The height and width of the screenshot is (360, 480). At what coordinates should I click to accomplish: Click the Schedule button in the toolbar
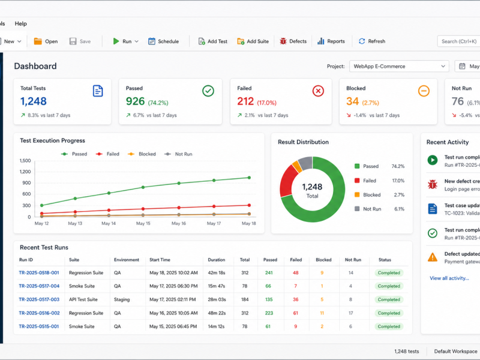coord(163,41)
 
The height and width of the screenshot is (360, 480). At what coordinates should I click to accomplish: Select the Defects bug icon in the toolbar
coord(283,41)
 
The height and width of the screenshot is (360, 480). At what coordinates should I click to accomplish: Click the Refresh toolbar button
coord(372,41)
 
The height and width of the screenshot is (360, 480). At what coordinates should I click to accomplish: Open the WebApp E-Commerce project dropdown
coord(399,66)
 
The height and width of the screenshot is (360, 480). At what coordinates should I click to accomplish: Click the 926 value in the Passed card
coord(135,101)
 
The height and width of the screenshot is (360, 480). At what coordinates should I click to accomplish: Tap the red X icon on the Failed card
coord(318,91)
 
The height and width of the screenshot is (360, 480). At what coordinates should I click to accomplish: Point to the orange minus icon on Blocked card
coord(424,91)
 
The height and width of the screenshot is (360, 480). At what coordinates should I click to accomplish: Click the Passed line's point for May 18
coord(249,178)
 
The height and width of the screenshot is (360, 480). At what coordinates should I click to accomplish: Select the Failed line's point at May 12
coord(41,214)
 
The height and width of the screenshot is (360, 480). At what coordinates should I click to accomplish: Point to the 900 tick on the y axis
coord(26,183)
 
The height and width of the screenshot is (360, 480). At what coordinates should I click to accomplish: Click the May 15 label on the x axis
coord(143,223)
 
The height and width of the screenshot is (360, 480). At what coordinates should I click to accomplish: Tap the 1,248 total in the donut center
coord(312,187)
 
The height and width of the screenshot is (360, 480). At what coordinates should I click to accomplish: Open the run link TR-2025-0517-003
coord(39,299)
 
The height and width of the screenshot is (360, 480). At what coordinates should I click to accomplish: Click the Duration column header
coord(217,260)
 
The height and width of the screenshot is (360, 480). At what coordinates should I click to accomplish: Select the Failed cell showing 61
coord(295,313)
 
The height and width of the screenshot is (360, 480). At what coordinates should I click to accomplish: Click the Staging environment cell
coord(122,299)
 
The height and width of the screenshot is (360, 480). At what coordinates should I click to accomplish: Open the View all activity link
coord(449,278)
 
